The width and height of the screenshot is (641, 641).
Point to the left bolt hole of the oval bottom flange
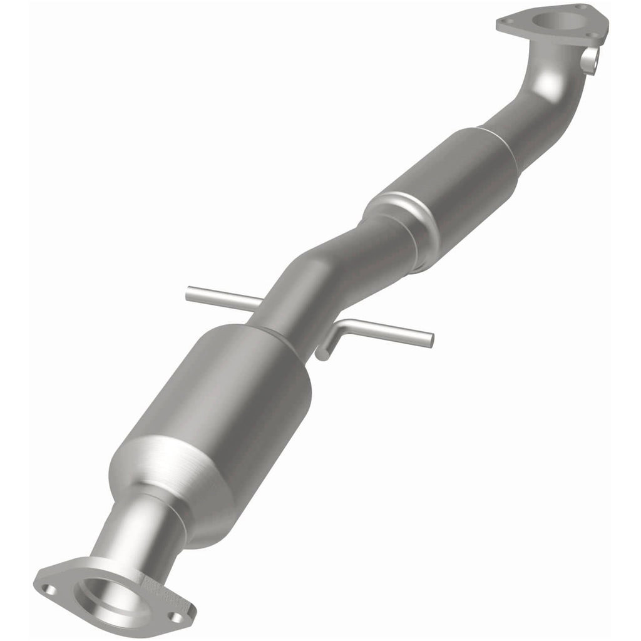tap(51, 589)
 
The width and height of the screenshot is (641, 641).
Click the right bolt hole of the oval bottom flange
tap(177, 618)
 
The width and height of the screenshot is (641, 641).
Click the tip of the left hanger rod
tap(189, 291)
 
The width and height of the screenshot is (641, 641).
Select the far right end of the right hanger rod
tap(429, 339)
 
